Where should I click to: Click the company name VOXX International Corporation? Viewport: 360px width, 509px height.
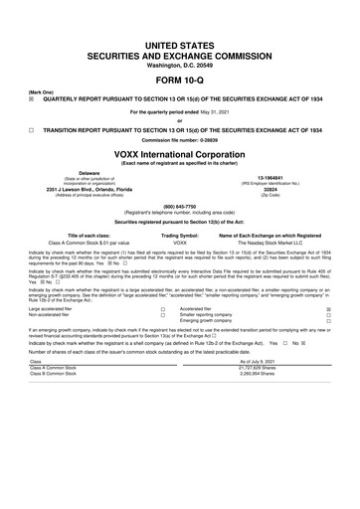pyautogui.click(x=180, y=153)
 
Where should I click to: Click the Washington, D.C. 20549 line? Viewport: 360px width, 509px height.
pyautogui.click(x=180, y=38)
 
